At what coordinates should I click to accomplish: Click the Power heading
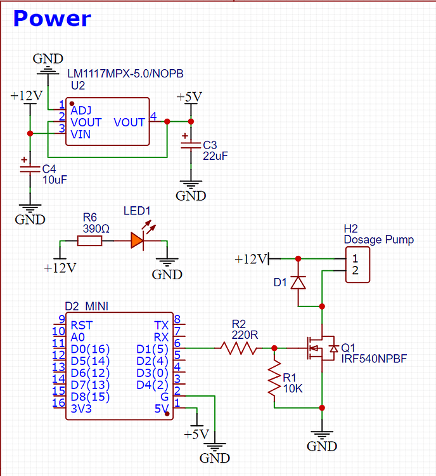[x=52, y=18]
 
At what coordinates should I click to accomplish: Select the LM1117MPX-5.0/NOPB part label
[x=125, y=74]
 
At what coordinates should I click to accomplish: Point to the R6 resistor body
[x=89, y=241]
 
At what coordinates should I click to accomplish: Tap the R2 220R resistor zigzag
[x=238, y=348]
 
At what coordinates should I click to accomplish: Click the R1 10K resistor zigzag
[x=274, y=378]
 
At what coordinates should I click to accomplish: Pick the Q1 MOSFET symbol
[x=320, y=348]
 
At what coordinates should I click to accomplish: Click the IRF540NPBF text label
[x=374, y=359]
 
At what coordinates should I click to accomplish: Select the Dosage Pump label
[x=378, y=239]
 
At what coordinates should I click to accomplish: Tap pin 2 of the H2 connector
[x=356, y=271]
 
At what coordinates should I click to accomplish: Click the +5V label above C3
[x=189, y=97]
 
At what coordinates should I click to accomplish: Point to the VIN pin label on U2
[x=80, y=135]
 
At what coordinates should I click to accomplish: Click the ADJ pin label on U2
[x=80, y=110]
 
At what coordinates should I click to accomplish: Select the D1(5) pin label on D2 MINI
[x=153, y=348]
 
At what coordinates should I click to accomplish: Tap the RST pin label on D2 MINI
[x=82, y=325]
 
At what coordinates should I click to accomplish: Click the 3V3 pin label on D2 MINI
[x=82, y=409]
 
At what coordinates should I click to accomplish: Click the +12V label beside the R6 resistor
[x=60, y=267]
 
